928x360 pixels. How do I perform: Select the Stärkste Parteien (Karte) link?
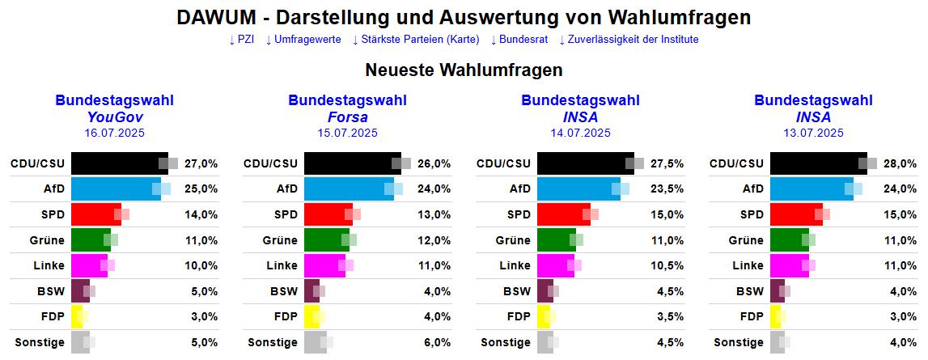point(416,39)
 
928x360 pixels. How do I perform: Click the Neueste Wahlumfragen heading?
point(464,70)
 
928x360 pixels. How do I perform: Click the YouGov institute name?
point(114,116)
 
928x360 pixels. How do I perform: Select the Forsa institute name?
point(347,116)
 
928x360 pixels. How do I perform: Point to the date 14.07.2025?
point(580,133)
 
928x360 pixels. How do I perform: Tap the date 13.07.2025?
point(813,133)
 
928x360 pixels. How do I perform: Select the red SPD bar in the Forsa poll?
point(327,214)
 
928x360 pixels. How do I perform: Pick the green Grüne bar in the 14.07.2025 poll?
point(556,240)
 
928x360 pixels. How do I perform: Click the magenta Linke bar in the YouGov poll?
point(88,265)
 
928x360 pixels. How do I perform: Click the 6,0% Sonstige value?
point(434,342)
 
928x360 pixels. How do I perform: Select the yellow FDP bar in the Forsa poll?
point(309,316)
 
